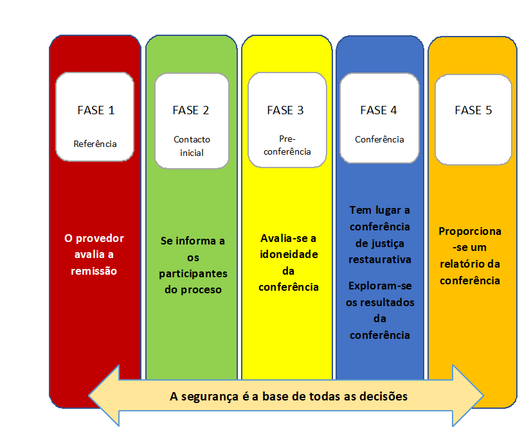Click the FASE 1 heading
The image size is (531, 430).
(96, 110)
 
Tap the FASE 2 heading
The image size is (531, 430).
(191, 110)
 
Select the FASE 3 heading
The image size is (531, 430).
(285, 110)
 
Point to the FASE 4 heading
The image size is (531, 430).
(379, 110)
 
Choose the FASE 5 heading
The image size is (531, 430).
(473, 110)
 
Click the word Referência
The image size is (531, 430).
(95, 144)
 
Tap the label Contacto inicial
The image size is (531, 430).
(192, 146)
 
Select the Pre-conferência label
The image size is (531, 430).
(287, 145)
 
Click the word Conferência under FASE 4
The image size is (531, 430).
(379, 139)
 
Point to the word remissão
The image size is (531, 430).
(94, 271)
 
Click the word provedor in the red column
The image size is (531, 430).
(100, 239)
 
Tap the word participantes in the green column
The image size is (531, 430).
(193, 274)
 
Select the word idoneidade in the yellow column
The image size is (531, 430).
(289, 254)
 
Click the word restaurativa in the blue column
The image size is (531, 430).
(380, 260)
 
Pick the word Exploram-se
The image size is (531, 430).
(380, 286)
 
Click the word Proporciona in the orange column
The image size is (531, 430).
(470, 232)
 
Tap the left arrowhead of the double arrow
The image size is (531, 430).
(89, 395)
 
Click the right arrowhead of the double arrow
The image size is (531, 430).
(483, 395)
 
